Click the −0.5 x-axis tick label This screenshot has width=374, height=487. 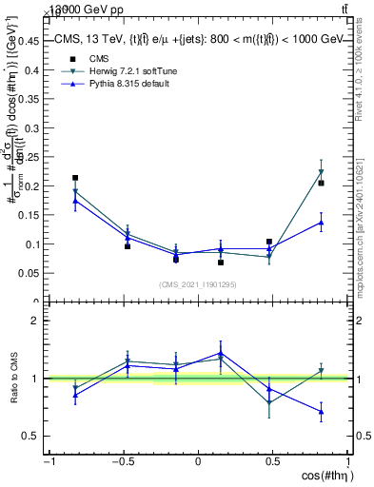[122, 461]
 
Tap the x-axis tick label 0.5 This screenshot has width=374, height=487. [273, 461]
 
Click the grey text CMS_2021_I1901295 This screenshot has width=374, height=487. [198, 284]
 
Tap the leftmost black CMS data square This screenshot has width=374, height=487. [75, 178]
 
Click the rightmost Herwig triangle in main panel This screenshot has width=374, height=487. [322, 172]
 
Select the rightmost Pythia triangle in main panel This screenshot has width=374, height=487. [322, 223]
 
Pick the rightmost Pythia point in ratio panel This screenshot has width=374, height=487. [322, 412]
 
